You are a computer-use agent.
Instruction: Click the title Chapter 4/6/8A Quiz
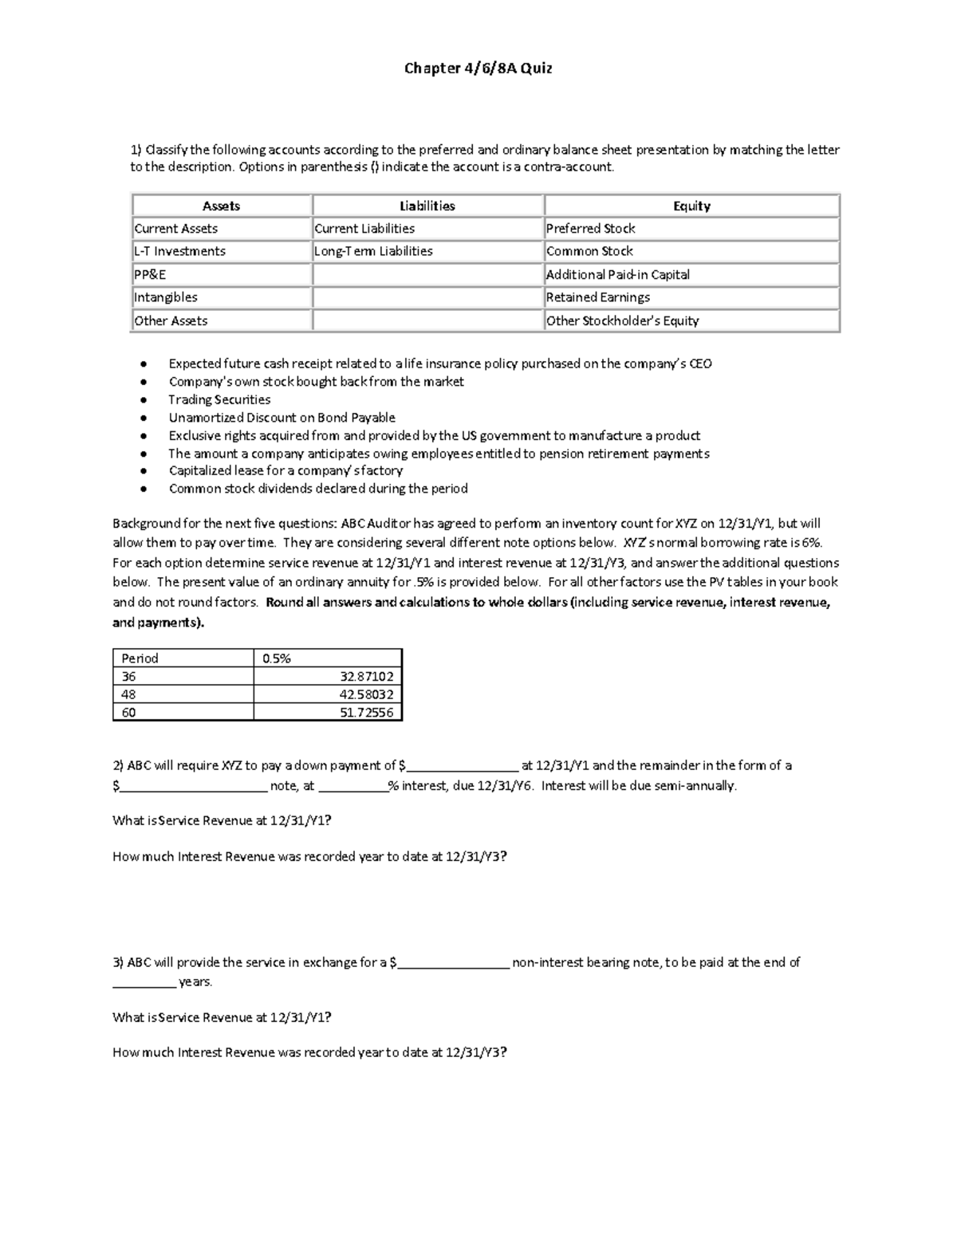coord(478,69)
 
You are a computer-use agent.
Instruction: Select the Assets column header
coord(221,206)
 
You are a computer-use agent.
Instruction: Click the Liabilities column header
coord(427,206)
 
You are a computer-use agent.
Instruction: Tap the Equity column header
coord(691,206)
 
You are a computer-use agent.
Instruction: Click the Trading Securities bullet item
coord(219,399)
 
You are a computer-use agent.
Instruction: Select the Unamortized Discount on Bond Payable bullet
coord(282,418)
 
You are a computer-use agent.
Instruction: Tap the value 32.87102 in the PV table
coord(366,676)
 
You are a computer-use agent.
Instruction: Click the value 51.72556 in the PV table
coord(366,713)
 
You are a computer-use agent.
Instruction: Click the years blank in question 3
coord(144,984)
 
